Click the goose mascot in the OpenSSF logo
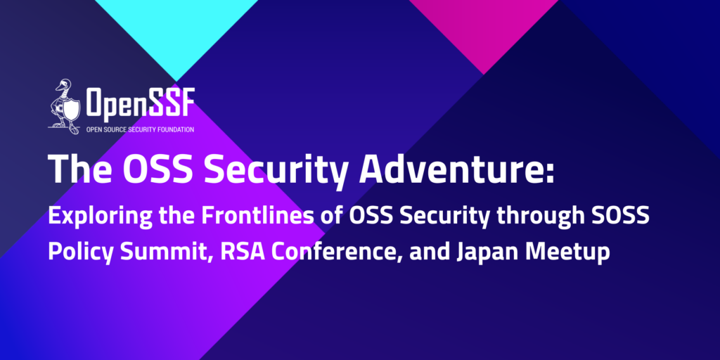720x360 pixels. point(64,106)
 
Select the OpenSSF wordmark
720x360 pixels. point(140,103)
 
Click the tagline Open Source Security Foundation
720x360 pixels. point(140,130)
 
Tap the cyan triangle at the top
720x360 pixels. point(176,27)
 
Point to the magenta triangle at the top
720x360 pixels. point(484,25)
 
